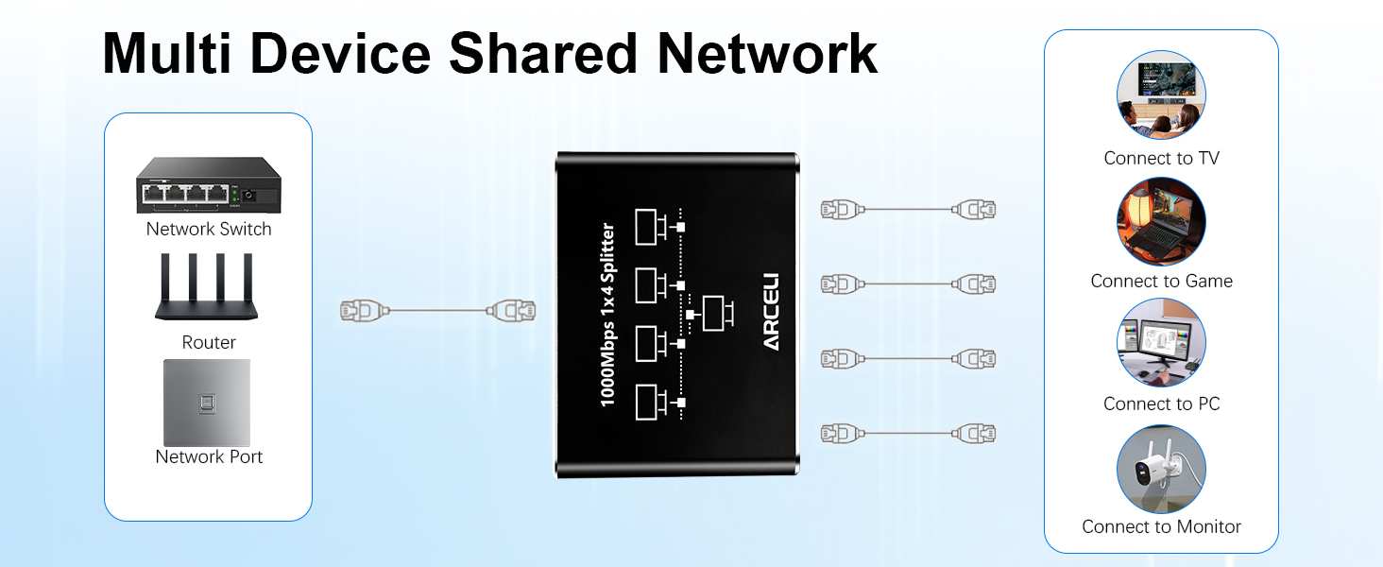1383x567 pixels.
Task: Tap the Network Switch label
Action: click(209, 230)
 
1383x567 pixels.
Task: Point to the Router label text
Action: click(209, 343)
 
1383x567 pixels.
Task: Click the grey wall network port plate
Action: click(207, 402)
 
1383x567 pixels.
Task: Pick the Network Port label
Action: click(209, 457)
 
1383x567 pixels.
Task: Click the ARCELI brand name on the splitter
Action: click(771, 312)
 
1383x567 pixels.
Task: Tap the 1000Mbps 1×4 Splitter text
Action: click(608, 315)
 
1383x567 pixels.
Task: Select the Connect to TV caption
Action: click(1161, 159)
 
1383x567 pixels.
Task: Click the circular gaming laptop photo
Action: click(1161, 221)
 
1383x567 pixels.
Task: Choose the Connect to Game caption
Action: click(1161, 282)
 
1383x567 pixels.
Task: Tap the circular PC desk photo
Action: click(1161, 343)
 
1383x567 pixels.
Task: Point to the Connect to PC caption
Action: click(1161, 404)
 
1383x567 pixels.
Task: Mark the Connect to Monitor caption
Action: click(1161, 527)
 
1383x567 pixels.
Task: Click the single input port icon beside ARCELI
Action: click(713, 313)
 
